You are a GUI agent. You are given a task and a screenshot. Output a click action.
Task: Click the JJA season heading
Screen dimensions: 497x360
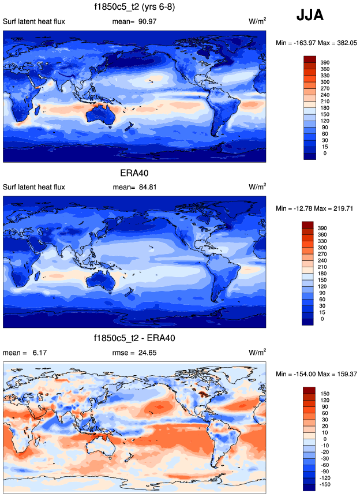[310, 16]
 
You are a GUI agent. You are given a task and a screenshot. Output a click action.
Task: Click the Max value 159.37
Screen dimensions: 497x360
[337, 373]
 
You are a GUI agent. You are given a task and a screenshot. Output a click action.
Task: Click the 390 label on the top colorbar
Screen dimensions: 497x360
[325, 61]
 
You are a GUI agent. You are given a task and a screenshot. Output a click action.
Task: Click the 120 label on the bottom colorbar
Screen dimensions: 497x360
[325, 399]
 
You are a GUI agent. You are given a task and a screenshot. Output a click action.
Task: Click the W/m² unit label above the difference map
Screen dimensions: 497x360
[257, 352]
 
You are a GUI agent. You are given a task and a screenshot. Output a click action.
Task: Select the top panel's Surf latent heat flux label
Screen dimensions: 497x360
[34, 22]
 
